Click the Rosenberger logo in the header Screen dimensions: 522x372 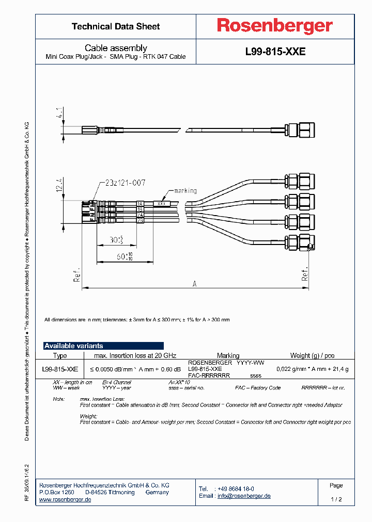(x=274, y=26)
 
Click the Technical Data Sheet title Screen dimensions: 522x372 (x=116, y=26)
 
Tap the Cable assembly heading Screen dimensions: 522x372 (x=116, y=48)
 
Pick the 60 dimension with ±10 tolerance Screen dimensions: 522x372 (x=123, y=256)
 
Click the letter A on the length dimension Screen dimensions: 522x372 (x=195, y=283)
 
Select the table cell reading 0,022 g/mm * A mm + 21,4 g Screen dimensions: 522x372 (x=312, y=369)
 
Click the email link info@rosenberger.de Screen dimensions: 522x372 (x=244, y=496)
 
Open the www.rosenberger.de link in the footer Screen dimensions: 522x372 (x=65, y=500)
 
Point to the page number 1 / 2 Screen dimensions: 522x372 (x=336, y=499)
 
